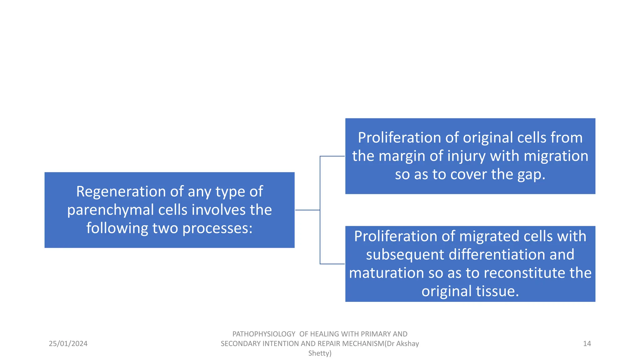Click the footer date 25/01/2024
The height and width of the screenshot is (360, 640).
pos(68,344)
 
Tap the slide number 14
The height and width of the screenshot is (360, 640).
pos(587,344)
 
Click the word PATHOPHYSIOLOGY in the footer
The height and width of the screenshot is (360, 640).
pos(264,334)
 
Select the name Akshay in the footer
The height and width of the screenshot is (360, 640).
pos(407,344)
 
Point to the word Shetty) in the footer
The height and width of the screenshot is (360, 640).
pos(320,353)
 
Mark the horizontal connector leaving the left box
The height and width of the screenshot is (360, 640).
pos(307,210)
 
